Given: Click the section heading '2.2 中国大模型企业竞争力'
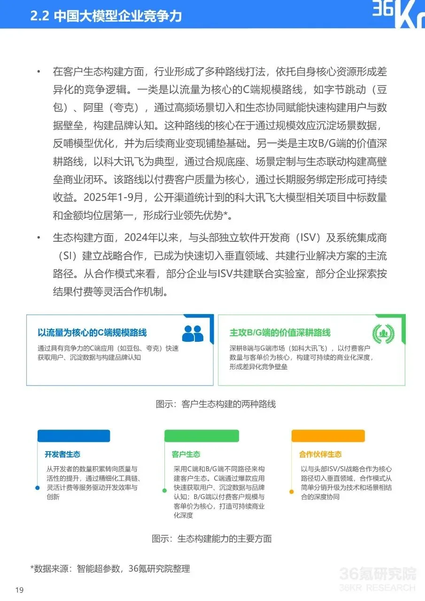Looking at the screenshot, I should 106,16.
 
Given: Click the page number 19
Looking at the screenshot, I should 19,590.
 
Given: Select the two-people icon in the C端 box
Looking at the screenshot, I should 193,333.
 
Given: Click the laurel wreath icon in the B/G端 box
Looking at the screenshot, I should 383,333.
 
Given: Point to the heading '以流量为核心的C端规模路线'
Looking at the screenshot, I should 92,332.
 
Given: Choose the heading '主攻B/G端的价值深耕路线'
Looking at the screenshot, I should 280,332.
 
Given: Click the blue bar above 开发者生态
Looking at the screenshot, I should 74,436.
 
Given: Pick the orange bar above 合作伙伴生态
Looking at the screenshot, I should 328,436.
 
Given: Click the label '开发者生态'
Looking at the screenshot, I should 62,455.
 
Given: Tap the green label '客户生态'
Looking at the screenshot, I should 186,455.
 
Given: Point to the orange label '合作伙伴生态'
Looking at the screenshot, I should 320,455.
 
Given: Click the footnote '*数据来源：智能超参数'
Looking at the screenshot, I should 110,569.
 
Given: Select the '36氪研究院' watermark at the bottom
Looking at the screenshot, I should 377,574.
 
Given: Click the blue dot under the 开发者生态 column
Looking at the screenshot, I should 38,488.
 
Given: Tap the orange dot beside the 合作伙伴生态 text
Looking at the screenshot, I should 292,492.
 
